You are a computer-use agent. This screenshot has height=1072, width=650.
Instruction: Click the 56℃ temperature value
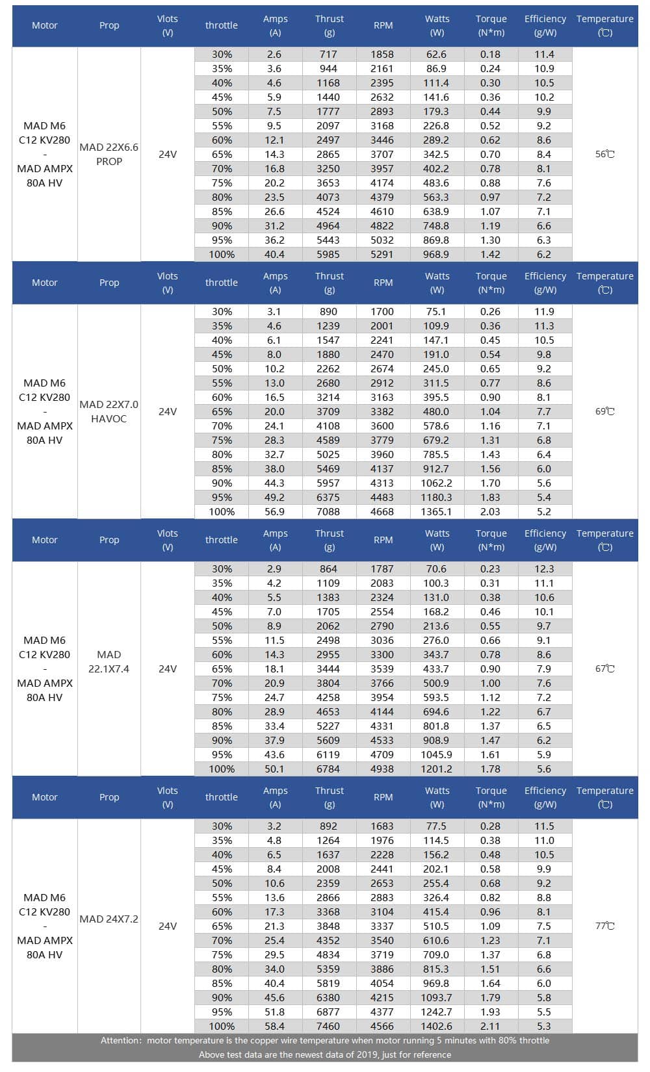[604, 154]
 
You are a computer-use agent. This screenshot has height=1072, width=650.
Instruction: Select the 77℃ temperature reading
[604, 926]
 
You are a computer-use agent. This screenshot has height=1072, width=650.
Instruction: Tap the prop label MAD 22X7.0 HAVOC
[109, 411]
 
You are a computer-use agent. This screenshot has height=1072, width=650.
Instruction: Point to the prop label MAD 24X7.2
[109, 919]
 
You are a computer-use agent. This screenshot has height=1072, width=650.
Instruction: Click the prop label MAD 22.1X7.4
[109, 661]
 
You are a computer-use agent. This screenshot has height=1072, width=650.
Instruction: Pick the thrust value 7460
[328, 1026]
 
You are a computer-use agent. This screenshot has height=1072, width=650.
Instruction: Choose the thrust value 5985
[328, 254]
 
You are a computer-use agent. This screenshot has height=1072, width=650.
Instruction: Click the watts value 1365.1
[436, 511]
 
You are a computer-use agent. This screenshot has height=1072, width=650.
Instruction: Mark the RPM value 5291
[382, 254]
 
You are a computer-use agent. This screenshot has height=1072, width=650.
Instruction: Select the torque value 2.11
[490, 1026]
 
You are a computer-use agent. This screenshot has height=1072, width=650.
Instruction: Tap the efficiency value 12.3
[544, 568]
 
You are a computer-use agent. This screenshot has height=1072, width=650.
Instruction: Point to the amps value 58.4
[274, 1026]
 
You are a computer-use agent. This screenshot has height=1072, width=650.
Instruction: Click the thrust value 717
[328, 54]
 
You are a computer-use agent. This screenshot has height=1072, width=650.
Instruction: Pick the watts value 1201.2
[436, 769]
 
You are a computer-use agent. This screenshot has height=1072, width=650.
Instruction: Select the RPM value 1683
[382, 826]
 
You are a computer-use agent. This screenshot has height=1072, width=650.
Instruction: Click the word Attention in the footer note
[120, 1040]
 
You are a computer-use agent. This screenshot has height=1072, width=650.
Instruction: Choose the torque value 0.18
[490, 54]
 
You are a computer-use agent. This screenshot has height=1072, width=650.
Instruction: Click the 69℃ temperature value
[604, 411]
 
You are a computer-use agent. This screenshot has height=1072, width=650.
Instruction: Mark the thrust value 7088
[328, 511]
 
